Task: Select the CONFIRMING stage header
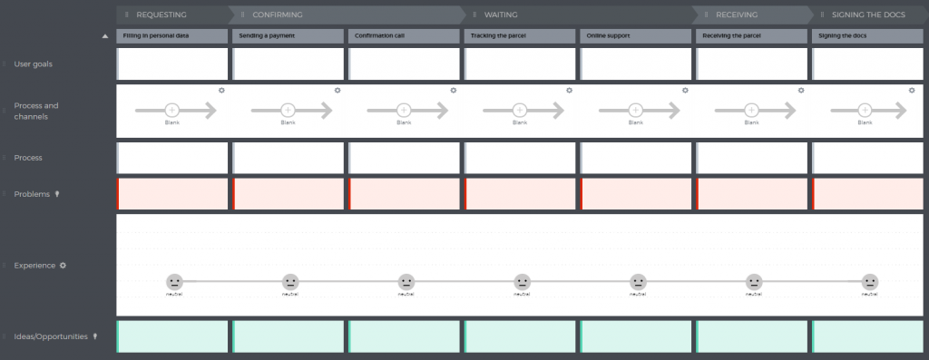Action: click(x=278, y=15)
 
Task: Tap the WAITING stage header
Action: click(x=502, y=15)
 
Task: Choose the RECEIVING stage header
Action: click(x=737, y=15)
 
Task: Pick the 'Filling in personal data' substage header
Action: click(x=172, y=35)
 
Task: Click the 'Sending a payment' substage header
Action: click(x=288, y=35)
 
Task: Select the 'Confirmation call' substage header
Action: click(x=404, y=35)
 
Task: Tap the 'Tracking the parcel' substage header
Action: click(x=520, y=35)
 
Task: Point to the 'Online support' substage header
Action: click(x=636, y=35)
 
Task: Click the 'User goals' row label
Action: click(x=34, y=64)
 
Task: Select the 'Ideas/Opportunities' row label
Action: click(x=51, y=336)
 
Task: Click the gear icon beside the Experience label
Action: click(x=64, y=266)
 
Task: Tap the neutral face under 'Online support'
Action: click(x=638, y=282)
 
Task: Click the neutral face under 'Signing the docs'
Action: click(x=870, y=282)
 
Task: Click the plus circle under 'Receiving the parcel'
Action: click(x=751, y=110)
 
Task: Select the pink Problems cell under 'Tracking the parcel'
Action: click(x=520, y=194)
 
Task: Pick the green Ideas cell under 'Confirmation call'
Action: click(x=404, y=336)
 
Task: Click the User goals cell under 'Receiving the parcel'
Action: click(x=751, y=64)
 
